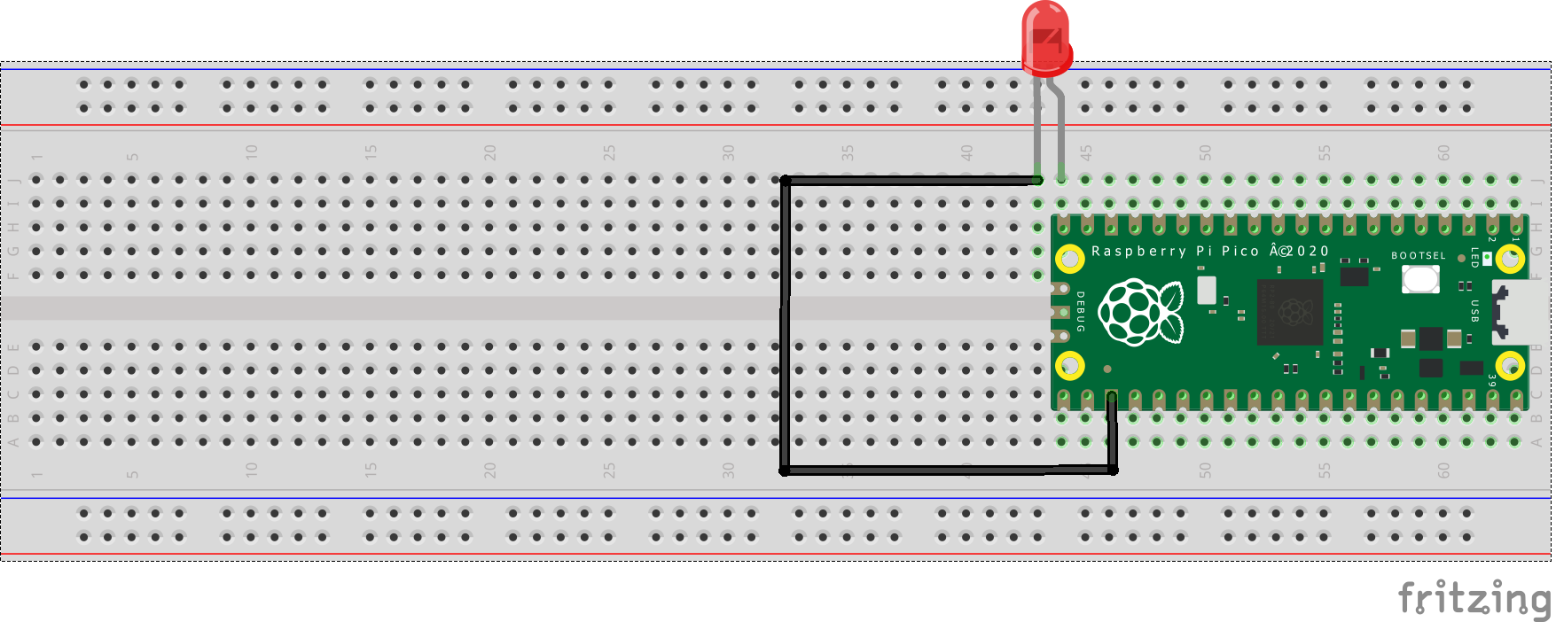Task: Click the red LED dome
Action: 1046,37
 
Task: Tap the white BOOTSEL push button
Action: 1420,279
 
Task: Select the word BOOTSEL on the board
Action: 1418,255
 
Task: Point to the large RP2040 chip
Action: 1289,312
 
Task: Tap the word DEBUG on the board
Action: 1080,311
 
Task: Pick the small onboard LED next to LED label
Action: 1487,258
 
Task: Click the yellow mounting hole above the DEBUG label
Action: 1070,259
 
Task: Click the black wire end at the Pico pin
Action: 1112,398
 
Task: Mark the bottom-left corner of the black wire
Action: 785,470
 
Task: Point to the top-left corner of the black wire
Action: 785,181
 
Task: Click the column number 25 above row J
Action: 609,152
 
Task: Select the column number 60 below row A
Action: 1443,470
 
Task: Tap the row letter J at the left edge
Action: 14,180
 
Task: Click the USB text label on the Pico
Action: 1474,311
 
